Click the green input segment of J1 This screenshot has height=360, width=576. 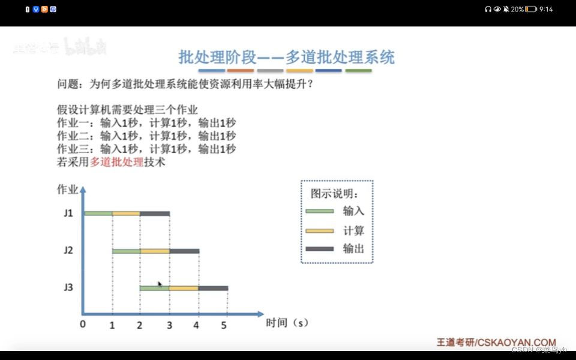pos(98,213)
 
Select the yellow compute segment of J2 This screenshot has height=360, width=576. pos(155,251)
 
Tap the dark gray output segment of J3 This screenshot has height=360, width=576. pos(213,288)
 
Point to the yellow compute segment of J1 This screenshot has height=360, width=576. pos(126,213)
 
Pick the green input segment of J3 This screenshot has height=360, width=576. pos(154,288)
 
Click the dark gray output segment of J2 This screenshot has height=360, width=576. pos(184,251)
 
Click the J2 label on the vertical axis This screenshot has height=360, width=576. pos(68,250)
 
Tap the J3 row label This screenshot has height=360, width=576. pos(68,287)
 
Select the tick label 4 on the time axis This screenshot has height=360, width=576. pos(196,325)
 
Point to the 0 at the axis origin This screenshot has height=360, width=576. pos(83,325)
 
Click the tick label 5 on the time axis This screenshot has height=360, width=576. pos(224,325)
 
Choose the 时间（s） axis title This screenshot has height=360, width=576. pos(287,323)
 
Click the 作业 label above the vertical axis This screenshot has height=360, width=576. pos(67,190)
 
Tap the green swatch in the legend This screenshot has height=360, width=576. pos(319,211)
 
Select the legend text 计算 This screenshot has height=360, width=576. pos(354,231)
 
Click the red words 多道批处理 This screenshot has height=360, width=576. pos(116,162)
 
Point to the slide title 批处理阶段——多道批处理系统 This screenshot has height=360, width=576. pos(287,58)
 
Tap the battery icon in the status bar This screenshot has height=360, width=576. pos(531,9)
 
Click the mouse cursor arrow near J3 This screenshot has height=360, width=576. pos(160,284)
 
